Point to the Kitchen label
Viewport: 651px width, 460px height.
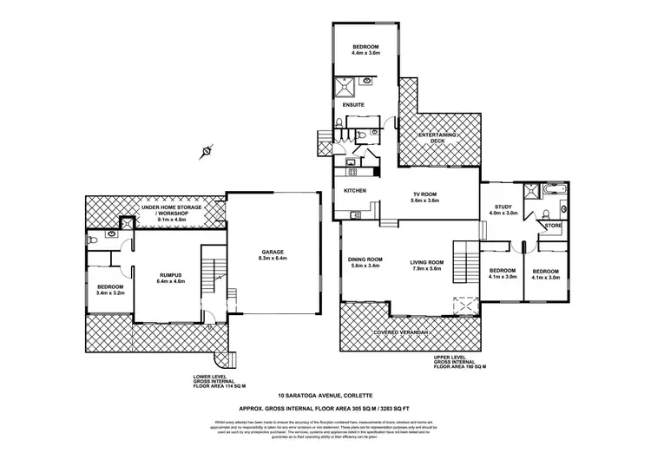tap(355, 191)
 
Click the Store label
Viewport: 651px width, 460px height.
tap(553, 227)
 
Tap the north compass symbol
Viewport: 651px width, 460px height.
tap(206, 150)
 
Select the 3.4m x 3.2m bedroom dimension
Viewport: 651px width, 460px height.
tap(110, 293)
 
